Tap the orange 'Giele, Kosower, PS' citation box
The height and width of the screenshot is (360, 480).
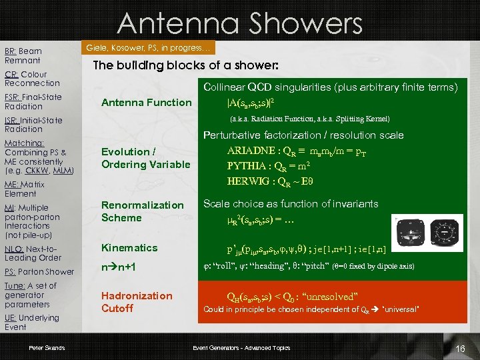pos(149,48)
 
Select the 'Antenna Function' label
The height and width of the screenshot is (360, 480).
pos(146,102)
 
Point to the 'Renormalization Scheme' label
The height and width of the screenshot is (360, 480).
pos(142,211)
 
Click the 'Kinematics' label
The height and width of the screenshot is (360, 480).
pos(129,248)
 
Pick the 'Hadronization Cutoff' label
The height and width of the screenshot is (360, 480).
pos(137,302)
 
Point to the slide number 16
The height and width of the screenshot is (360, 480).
pos(459,349)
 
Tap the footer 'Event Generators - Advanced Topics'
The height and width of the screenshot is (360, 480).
pos(241,348)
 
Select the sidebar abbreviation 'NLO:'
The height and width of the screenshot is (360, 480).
pos(15,249)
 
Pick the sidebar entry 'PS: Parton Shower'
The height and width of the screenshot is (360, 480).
pos(39,271)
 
